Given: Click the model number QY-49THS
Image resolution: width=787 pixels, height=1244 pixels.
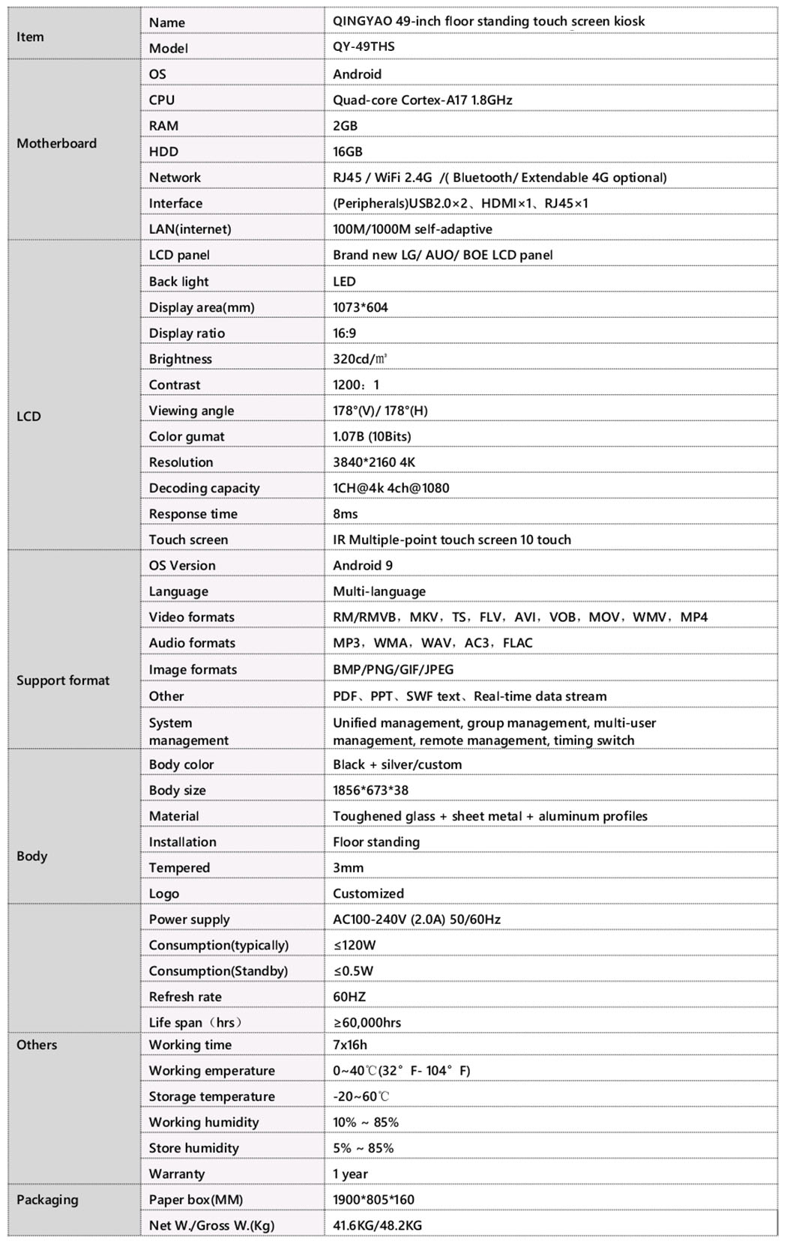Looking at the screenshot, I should (364, 46).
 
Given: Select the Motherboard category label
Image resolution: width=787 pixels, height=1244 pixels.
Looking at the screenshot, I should (57, 143).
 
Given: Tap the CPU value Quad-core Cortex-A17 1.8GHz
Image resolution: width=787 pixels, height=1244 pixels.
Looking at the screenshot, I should (423, 100).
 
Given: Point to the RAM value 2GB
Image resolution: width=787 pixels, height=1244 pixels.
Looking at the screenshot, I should (346, 126).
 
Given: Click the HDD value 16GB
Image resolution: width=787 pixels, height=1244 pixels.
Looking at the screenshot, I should (348, 151).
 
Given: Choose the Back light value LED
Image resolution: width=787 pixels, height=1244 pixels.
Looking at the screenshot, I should (345, 281).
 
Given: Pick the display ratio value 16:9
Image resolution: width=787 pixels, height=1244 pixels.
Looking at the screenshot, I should (345, 333).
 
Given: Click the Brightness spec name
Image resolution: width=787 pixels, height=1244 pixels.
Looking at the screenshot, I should (181, 359).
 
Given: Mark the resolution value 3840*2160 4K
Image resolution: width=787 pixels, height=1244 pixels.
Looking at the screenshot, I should (374, 462).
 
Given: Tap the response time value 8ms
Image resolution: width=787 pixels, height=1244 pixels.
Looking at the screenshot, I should (346, 513).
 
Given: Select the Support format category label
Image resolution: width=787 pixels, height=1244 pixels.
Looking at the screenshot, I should (63, 680).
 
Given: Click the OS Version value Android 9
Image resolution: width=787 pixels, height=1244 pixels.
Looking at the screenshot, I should (363, 565).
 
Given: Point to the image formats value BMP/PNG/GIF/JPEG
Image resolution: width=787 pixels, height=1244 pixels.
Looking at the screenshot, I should (393, 669).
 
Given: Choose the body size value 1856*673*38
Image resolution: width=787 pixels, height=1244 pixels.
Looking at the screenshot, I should (371, 790).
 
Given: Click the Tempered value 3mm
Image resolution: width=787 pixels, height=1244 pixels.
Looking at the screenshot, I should (349, 868).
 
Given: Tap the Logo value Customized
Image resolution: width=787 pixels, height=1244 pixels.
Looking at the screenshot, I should (369, 893).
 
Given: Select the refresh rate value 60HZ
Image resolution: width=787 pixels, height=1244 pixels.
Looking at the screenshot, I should (350, 997).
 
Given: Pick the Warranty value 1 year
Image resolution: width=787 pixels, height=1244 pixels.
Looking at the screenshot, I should (351, 1174).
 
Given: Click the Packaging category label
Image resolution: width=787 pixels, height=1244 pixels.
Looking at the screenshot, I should (47, 1200).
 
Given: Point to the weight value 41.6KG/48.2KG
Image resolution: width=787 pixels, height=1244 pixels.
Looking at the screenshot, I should (378, 1225).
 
